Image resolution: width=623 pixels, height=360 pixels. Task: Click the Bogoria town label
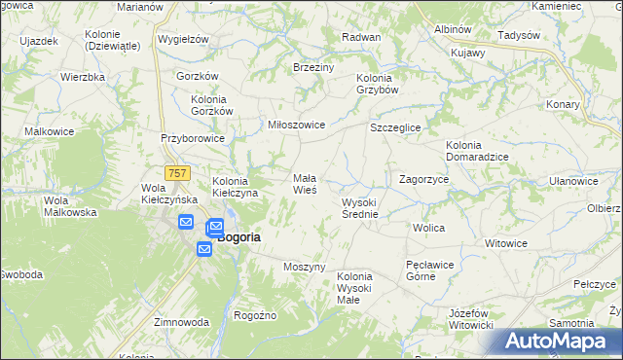click(x=238, y=236)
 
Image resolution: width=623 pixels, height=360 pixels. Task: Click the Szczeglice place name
click(x=395, y=127)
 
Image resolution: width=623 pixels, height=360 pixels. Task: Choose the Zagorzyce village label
click(x=423, y=180)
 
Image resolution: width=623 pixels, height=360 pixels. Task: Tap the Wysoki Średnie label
click(x=359, y=208)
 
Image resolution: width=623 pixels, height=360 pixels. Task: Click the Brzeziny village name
click(x=313, y=68)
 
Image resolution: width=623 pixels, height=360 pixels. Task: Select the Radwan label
click(x=360, y=37)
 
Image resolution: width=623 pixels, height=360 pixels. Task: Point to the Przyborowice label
click(x=193, y=138)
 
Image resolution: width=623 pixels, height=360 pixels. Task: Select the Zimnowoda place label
click(x=181, y=322)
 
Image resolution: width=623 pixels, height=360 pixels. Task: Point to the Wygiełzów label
click(x=183, y=40)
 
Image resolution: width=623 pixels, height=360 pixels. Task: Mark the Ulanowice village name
click(x=573, y=181)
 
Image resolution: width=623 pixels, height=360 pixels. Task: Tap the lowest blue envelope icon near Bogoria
click(x=204, y=250)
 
